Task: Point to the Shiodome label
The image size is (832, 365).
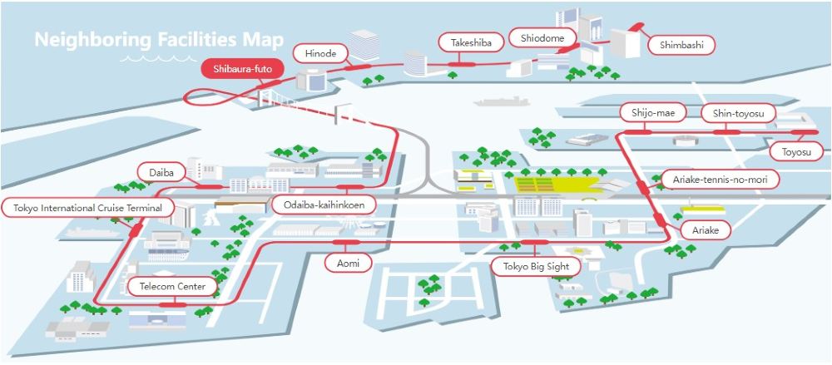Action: (542, 38)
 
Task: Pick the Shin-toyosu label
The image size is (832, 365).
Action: (738, 112)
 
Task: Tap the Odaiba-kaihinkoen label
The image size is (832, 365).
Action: (323, 205)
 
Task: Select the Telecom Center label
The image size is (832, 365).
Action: (172, 287)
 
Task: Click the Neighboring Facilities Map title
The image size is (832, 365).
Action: (159, 39)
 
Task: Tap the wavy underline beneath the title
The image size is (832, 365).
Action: (151, 59)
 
